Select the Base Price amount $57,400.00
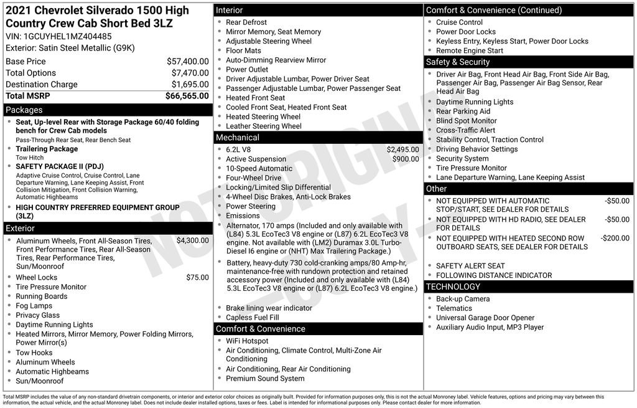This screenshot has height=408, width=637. click(187, 62)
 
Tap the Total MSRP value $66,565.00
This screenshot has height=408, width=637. click(187, 96)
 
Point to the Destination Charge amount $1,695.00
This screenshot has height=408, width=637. click(190, 85)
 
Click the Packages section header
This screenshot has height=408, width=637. click(24, 110)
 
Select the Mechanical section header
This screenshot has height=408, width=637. click(238, 138)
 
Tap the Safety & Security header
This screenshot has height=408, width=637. click(458, 62)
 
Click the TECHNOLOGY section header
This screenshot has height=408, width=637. click(453, 287)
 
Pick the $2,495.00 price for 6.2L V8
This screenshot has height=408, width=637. click(402, 149)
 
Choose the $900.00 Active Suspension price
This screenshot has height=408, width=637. click(406, 159)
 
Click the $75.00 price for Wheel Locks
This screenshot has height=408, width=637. click(197, 278)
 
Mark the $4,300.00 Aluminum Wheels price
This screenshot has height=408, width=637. click(192, 240)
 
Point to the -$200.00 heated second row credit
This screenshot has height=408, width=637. click(615, 239)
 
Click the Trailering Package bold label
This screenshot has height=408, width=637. click(47, 149)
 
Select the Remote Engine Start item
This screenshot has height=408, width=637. click(470, 51)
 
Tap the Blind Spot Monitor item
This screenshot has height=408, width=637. click(466, 121)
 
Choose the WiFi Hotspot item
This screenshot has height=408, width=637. click(247, 341)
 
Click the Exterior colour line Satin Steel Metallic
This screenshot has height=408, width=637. click(70, 48)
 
